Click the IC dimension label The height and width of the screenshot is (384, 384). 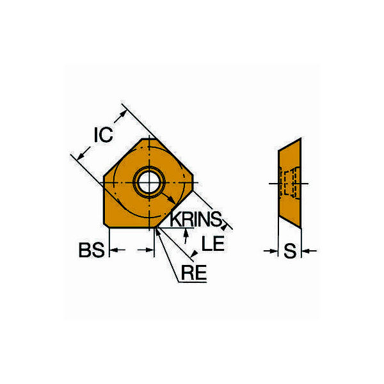[x=103, y=134]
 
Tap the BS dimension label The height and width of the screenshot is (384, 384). [x=92, y=250]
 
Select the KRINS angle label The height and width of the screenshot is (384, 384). [x=196, y=219]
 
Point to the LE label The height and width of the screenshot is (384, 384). [x=213, y=243]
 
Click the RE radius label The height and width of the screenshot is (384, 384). [x=194, y=273]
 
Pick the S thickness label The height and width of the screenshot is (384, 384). [x=290, y=251]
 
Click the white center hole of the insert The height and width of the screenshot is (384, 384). [x=149, y=182]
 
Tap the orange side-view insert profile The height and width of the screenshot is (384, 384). [x=290, y=183]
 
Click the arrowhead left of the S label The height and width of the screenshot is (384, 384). [x=274, y=251]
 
